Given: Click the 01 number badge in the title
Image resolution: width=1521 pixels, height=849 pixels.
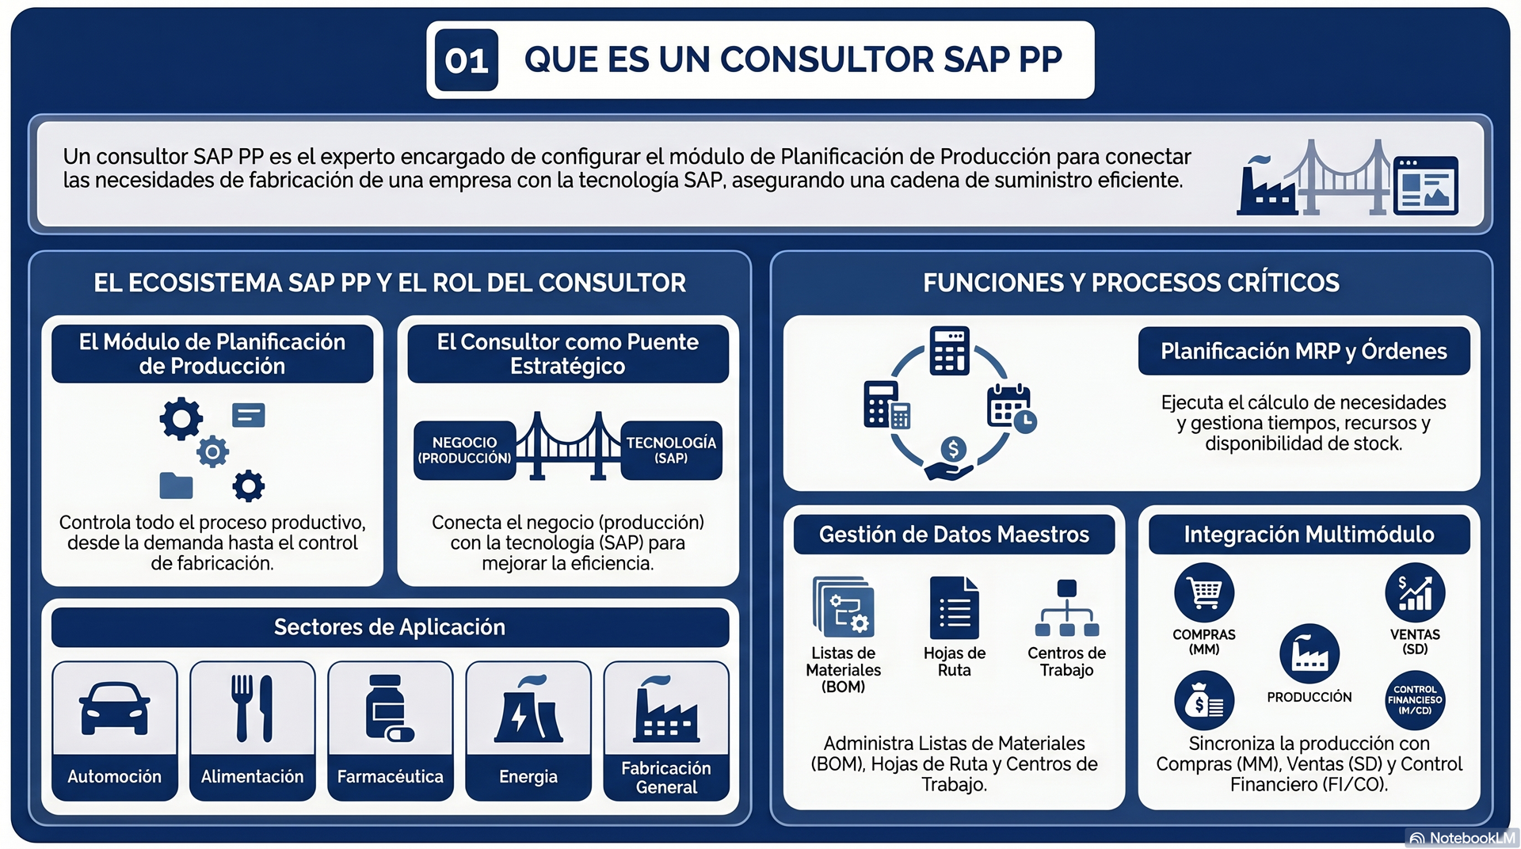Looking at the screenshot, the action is pyautogui.click(x=466, y=60).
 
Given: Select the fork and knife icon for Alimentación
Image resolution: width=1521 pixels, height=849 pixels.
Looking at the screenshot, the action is pyautogui.click(x=252, y=708).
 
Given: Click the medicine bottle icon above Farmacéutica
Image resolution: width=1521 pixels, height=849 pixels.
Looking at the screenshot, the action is pyautogui.click(x=389, y=708).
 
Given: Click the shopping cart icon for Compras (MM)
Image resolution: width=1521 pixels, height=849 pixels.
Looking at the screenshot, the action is pyautogui.click(x=1204, y=592).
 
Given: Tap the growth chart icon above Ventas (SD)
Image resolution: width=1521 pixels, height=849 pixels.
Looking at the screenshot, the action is pyautogui.click(x=1415, y=592).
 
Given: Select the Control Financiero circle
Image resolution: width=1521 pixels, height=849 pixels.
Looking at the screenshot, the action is pyautogui.click(x=1415, y=700).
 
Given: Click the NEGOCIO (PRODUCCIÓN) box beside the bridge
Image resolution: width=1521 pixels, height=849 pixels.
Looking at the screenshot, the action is pyautogui.click(x=464, y=450).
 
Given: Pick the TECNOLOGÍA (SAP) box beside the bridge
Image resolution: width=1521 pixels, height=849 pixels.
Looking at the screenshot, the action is pyautogui.click(x=671, y=450).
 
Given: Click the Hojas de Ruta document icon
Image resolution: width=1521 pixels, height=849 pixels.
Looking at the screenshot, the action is pyautogui.click(x=955, y=607).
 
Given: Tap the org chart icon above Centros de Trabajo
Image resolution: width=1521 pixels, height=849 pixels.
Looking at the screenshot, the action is pyautogui.click(x=1067, y=608).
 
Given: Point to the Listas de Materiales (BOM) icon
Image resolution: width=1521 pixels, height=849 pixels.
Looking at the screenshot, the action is pyautogui.click(x=844, y=607).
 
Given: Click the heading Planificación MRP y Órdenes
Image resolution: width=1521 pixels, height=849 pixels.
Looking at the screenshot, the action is pyautogui.click(x=1304, y=351).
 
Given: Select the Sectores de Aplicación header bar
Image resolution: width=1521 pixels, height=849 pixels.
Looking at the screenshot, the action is pyautogui.click(x=390, y=627).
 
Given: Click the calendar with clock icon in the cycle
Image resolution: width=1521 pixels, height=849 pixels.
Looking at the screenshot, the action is pyautogui.click(x=1012, y=408).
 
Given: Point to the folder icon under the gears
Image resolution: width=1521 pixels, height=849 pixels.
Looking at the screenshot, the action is pyautogui.click(x=176, y=485).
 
